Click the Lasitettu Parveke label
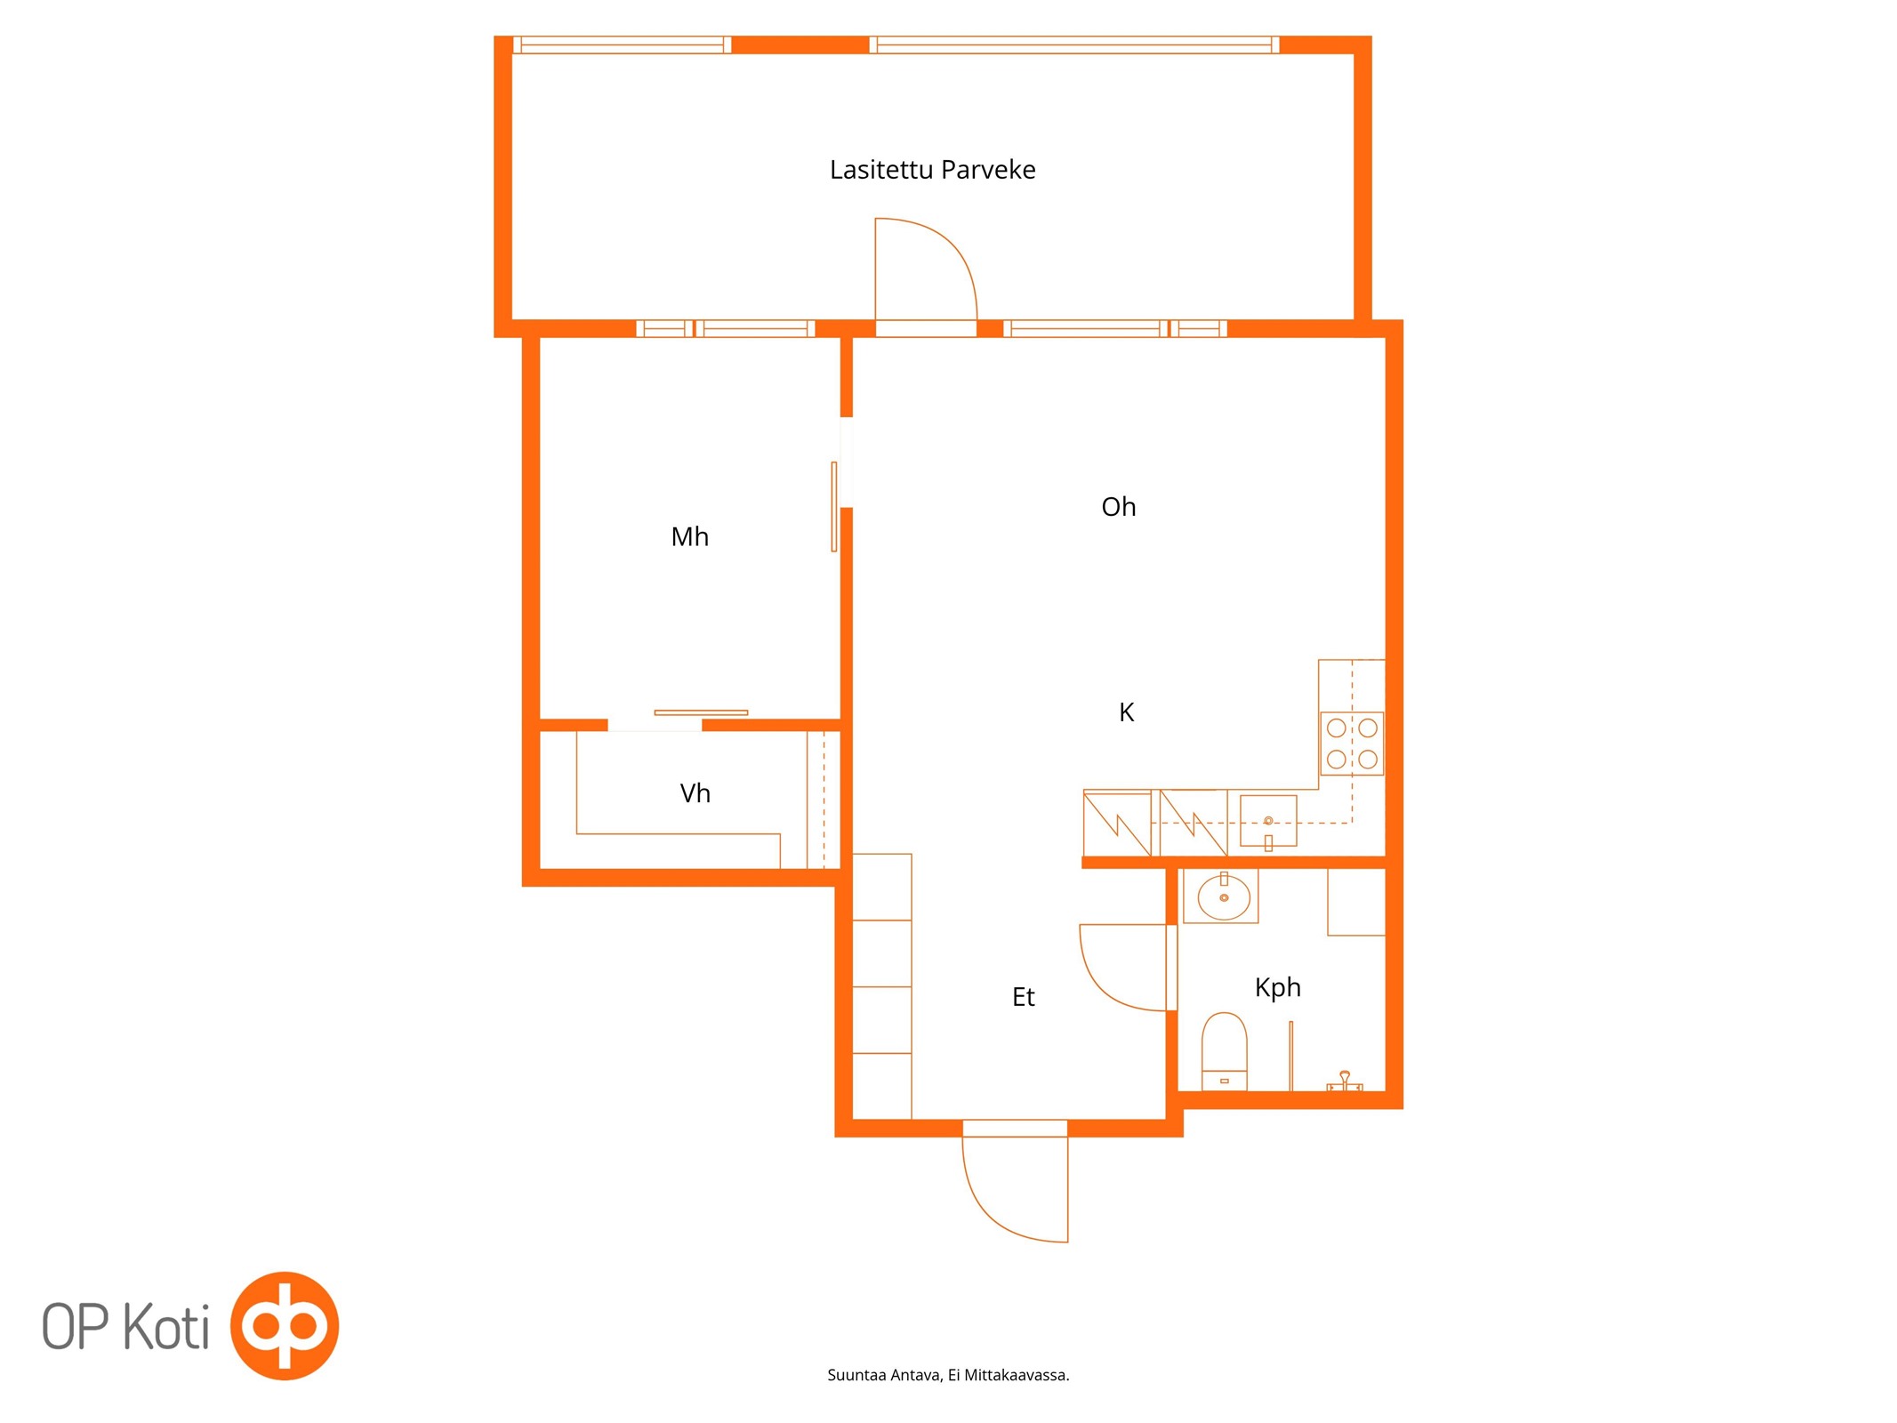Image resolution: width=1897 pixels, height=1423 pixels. point(932,170)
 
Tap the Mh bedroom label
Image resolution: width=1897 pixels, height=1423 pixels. point(689,536)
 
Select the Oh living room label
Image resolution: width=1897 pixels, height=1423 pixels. point(1118,507)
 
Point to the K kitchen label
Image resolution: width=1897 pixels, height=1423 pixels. point(1126,712)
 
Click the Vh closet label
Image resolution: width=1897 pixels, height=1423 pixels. point(695,792)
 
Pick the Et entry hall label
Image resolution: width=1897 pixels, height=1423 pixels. point(1023,997)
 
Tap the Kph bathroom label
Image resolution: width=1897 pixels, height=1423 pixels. point(1277,988)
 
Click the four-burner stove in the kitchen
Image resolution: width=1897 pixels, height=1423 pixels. point(1351,744)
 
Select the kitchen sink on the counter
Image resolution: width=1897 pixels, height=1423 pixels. point(1268,821)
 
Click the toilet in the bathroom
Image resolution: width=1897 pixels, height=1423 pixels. point(1224,1051)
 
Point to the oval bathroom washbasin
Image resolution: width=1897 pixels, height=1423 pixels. point(1224,897)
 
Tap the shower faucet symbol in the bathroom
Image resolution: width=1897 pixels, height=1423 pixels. point(1345,1082)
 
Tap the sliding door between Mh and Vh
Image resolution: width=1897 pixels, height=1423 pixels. point(701,712)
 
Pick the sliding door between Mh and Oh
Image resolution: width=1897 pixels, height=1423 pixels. point(833,507)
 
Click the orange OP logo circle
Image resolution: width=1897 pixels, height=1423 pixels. point(285,1326)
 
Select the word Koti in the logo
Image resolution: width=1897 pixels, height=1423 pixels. point(165,1327)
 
